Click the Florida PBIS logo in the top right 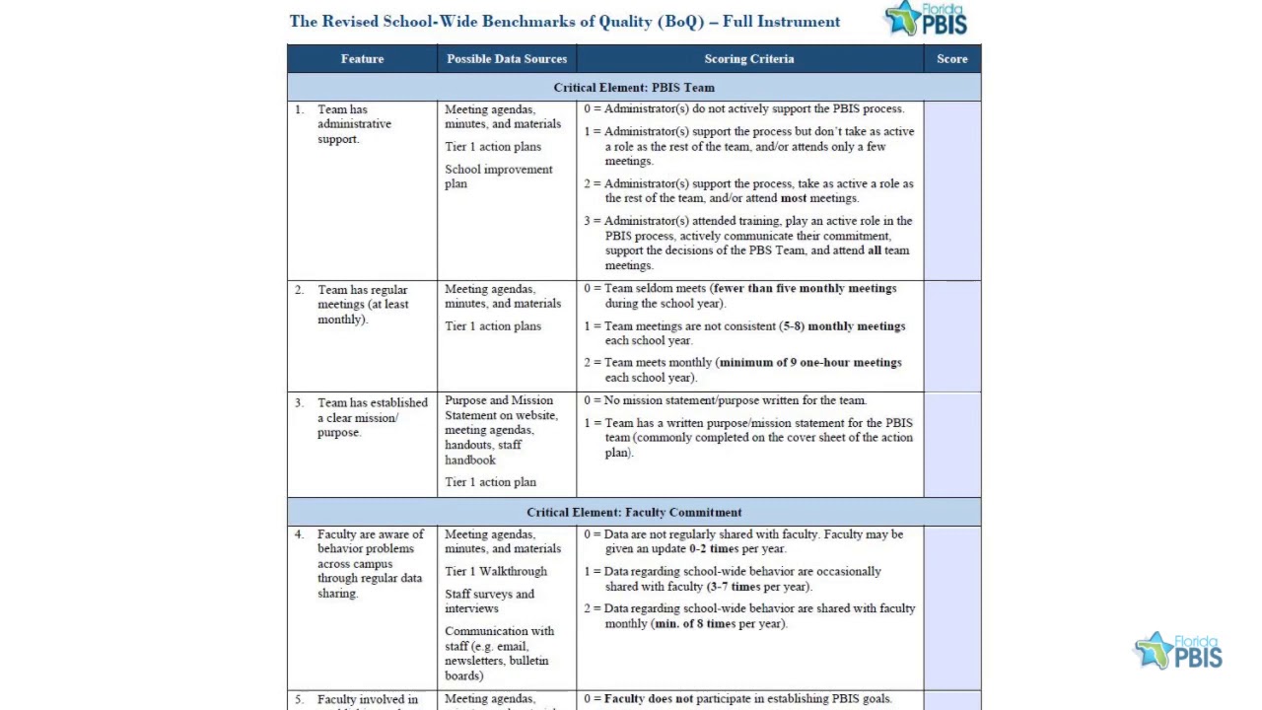click(926, 19)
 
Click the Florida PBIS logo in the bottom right click(1178, 651)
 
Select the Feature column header click(362, 59)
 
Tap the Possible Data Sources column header click(507, 59)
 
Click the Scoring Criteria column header click(749, 59)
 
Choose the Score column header click(952, 59)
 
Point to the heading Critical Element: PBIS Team click(634, 88)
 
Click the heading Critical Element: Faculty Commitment click(634, 513)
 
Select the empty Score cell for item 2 click(952, 336)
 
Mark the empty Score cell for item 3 click(952, 445)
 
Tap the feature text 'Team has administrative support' click(354, 124)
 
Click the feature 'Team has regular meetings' click(363, 305)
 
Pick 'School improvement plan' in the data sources click(498, 177)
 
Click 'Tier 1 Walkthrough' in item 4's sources click(495, 572)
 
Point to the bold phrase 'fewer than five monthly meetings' click(805, 289)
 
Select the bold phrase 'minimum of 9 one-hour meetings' click(810, 363)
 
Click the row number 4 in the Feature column click(299, 534)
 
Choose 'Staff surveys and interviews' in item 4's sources click(489, 602)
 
